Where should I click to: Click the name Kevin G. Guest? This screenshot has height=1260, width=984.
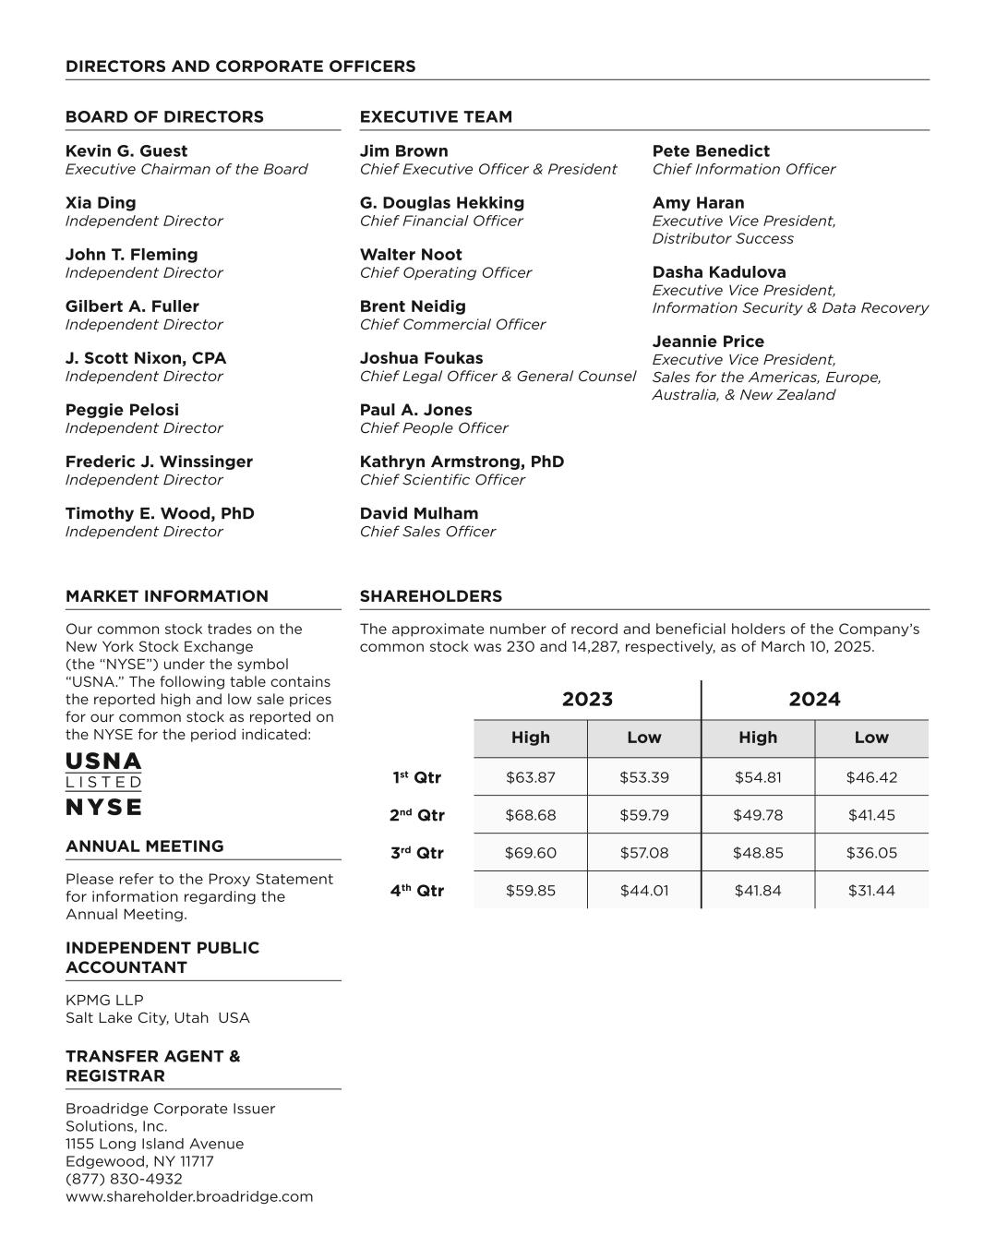(x=126, y=151)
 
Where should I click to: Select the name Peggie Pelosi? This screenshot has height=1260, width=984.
(x=122, y=410)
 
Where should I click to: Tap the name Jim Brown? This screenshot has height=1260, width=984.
(x=403, y=151)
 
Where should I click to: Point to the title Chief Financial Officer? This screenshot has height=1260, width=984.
(x=440, y=222)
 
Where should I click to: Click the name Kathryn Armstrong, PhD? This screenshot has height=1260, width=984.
(x=462, y=462)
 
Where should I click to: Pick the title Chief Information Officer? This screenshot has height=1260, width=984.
(x=743, y=170)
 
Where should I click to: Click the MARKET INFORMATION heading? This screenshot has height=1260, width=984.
(x=167, y=596)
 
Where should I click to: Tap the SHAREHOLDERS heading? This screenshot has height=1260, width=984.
(x=430, y=596)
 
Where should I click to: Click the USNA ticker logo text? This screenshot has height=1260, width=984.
(x=103, y=762)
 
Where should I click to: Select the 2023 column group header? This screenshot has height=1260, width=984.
(x=587, y=700)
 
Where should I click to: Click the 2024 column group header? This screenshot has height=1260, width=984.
(x=814, y=700)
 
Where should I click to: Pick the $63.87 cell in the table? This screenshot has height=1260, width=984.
(x=531, y=777)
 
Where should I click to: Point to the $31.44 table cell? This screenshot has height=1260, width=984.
(x=871, y=891)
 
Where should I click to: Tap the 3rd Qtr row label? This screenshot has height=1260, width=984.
(x=416, y=853)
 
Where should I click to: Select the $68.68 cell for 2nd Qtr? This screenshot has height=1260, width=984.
(x=531, y=815)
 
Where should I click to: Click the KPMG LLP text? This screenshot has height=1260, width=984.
(x=104, y=1000)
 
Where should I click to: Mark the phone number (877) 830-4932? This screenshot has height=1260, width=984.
(x=124, y=1179)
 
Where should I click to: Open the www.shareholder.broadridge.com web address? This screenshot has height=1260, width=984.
(x=189, y=1196)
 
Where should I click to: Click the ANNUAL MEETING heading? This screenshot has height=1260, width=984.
(x=144, y=846)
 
